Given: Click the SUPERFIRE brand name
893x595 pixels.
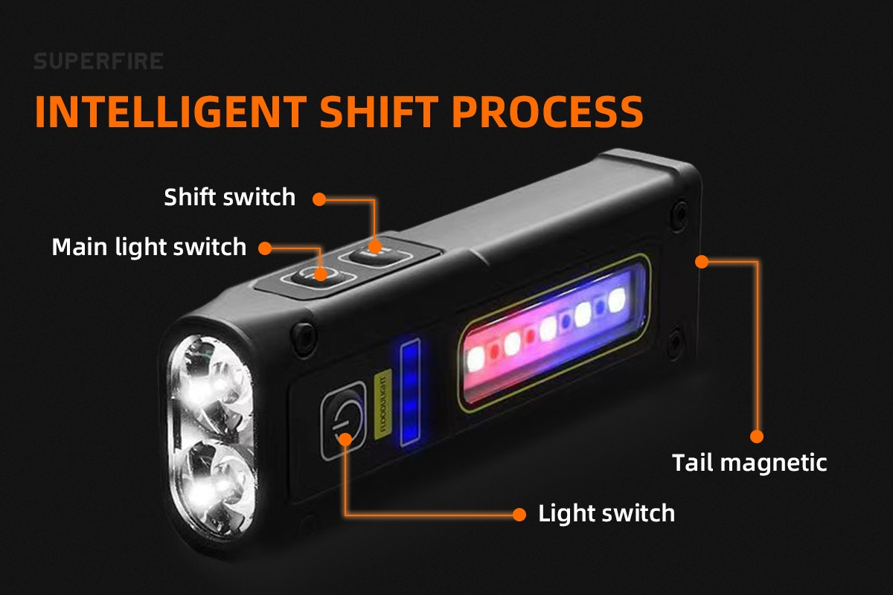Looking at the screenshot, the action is [98, 61].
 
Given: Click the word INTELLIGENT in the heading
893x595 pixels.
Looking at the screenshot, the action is [171, 112].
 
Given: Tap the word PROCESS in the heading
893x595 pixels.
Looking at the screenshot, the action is [548, 112].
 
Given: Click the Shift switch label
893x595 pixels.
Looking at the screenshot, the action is [230, 197].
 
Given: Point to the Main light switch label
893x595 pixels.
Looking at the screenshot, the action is [149, 247].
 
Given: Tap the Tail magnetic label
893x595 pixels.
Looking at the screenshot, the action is [749, 463].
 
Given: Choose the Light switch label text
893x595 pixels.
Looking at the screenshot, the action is [606, 513].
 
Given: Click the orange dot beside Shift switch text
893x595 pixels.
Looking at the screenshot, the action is [319, 199].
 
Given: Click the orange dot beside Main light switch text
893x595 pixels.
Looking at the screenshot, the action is [265, 248].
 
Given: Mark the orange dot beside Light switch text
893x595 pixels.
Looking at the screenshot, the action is [519, 515].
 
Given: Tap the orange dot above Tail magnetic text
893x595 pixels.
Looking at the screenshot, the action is [757, 437].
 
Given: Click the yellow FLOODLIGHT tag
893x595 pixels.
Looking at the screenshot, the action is [383, 405].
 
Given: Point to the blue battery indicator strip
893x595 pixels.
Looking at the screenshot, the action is [410, 393].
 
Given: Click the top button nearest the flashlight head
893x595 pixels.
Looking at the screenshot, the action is [317, 275].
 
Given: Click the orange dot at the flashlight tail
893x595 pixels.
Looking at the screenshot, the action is [702, 262].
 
